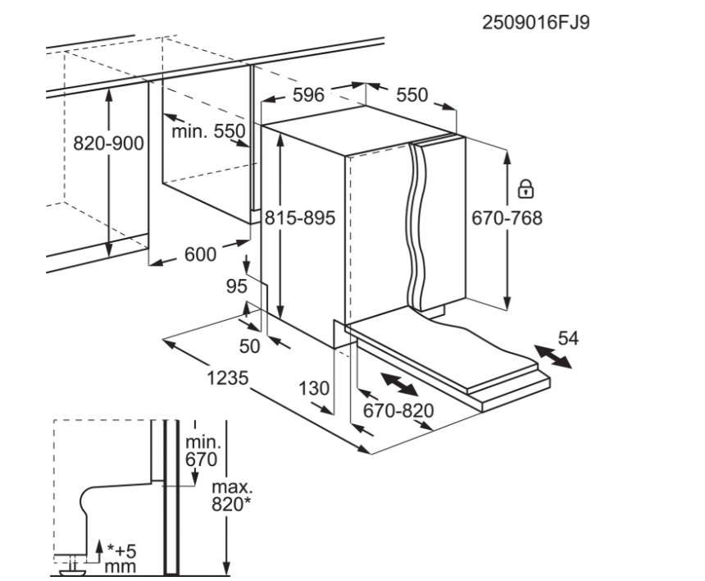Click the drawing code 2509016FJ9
[x=536, y=22]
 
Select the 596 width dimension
[x=309, y=95]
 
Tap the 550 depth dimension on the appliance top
[x=412, y=95]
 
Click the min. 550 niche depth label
[x=208, y=130]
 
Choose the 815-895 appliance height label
[x=300, y=218]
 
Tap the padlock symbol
[x=525, y=190]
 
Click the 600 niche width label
[x=199, y=255]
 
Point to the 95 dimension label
[x=237, y=286]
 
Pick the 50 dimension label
[x=249, y=346]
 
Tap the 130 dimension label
[x=314, y=388]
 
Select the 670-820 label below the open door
[x=398, y=409]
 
